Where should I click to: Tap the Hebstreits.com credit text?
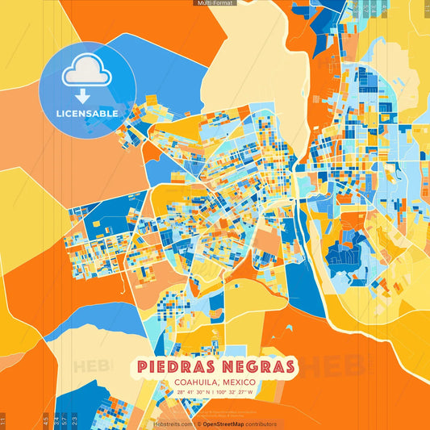[173, 424]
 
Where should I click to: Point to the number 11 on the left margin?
[3, 420]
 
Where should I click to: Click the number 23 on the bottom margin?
[75, 420]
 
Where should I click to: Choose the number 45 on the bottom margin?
[45, 420]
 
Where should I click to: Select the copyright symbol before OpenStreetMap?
[198, 424]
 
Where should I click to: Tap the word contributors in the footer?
[262, 424]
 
